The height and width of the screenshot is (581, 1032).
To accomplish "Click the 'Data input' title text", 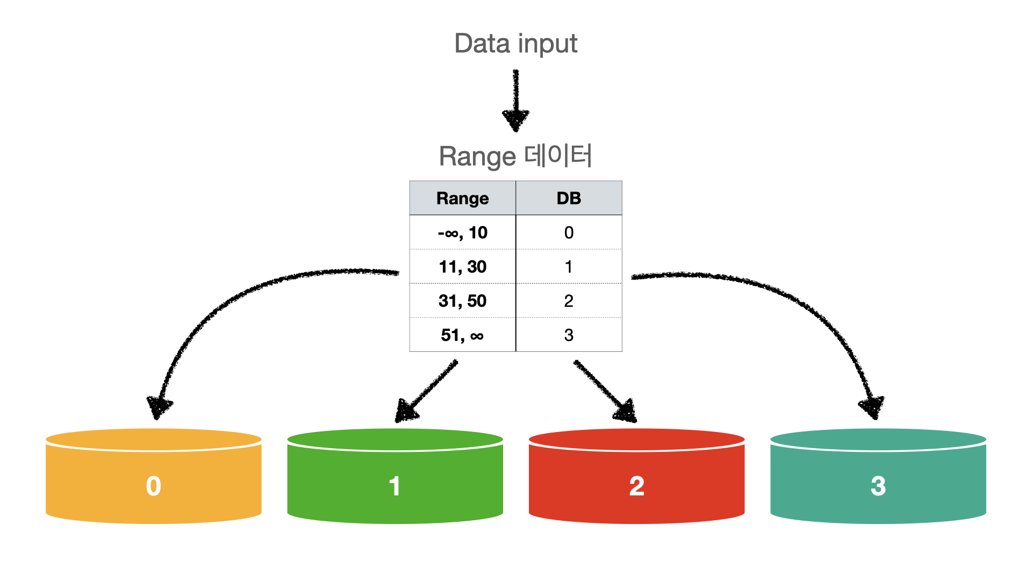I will tap(515, 44).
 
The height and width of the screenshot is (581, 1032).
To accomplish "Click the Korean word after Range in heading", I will tap(558, 155).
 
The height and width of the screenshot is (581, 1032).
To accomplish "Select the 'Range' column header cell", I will tap(462, 198).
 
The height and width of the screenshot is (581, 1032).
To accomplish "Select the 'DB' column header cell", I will tap(569, 198).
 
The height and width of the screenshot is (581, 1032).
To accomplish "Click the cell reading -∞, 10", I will tap(462, 232).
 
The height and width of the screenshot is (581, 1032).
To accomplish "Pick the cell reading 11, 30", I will tap(462, 267).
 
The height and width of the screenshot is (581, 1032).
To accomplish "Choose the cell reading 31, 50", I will tap(462, 301).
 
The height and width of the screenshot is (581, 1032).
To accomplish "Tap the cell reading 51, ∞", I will tap(462, 335).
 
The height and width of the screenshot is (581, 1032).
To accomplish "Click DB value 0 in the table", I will tap(569, 232).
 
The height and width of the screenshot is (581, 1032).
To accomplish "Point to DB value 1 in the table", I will tap(569, 267).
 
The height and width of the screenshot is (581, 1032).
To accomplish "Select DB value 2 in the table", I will tap(569, 301).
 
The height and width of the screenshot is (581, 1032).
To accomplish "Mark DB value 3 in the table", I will tap(569, 335).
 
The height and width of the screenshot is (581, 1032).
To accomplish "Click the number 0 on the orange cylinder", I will tap(154, 486).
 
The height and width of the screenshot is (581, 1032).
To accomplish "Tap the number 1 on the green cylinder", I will tap(395, 486).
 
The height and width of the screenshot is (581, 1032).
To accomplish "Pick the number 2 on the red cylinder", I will tap(636, 486).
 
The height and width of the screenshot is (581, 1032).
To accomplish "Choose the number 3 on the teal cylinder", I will tap(878, 486).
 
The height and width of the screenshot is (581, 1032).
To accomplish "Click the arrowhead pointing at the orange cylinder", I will tap(159, 407).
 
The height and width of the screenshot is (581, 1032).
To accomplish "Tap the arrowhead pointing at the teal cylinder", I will tap(872, 407).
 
